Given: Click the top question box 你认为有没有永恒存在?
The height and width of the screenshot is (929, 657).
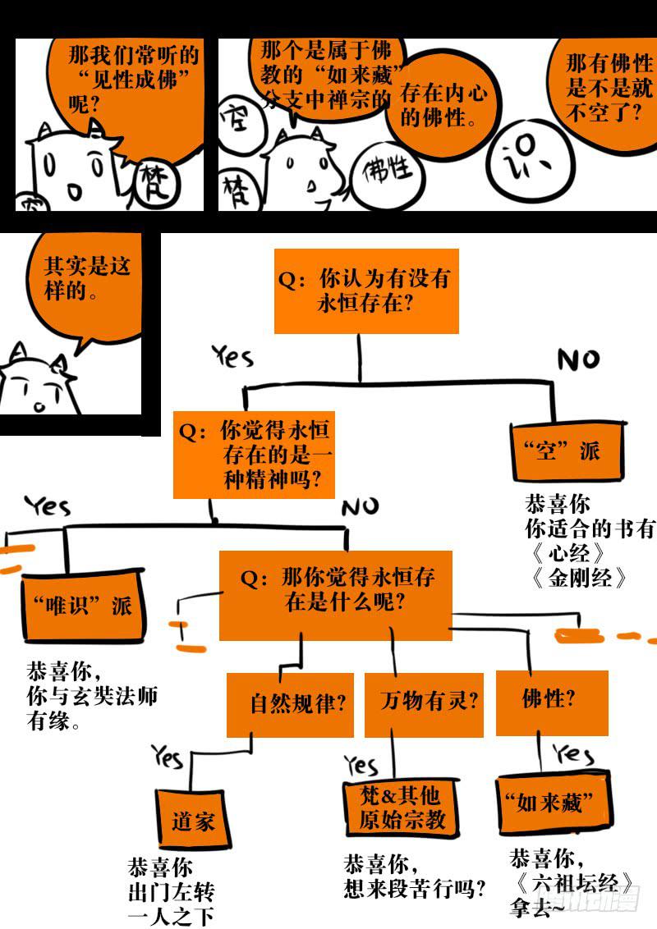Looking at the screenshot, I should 365,291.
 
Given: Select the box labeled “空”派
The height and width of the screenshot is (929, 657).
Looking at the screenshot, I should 567,450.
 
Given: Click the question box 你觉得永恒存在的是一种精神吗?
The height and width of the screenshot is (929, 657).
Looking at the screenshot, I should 255,455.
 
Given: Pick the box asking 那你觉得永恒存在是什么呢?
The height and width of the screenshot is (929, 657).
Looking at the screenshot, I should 335,595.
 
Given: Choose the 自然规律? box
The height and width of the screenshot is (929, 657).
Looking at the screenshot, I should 291,703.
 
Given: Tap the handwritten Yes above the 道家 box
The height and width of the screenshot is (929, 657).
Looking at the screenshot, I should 168,756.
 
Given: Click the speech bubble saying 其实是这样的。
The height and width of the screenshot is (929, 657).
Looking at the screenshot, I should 86,283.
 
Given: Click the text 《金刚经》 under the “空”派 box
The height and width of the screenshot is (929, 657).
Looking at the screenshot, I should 578,577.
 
